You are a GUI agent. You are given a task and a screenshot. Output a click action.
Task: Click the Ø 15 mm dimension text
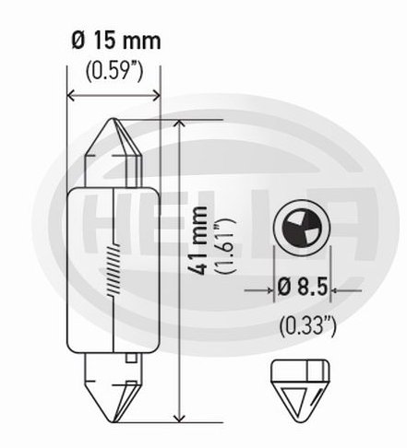[116, 41]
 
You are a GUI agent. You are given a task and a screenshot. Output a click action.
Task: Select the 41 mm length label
[198, 241]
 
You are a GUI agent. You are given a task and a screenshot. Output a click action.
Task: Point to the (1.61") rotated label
[225, 245]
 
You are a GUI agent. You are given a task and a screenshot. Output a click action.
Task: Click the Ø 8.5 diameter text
[302, 288]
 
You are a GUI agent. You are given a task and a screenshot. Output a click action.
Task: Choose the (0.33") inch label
[307, 326]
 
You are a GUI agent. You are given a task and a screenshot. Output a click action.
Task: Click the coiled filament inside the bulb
[114, 270]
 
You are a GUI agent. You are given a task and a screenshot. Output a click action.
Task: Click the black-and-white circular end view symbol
[302, 228]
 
